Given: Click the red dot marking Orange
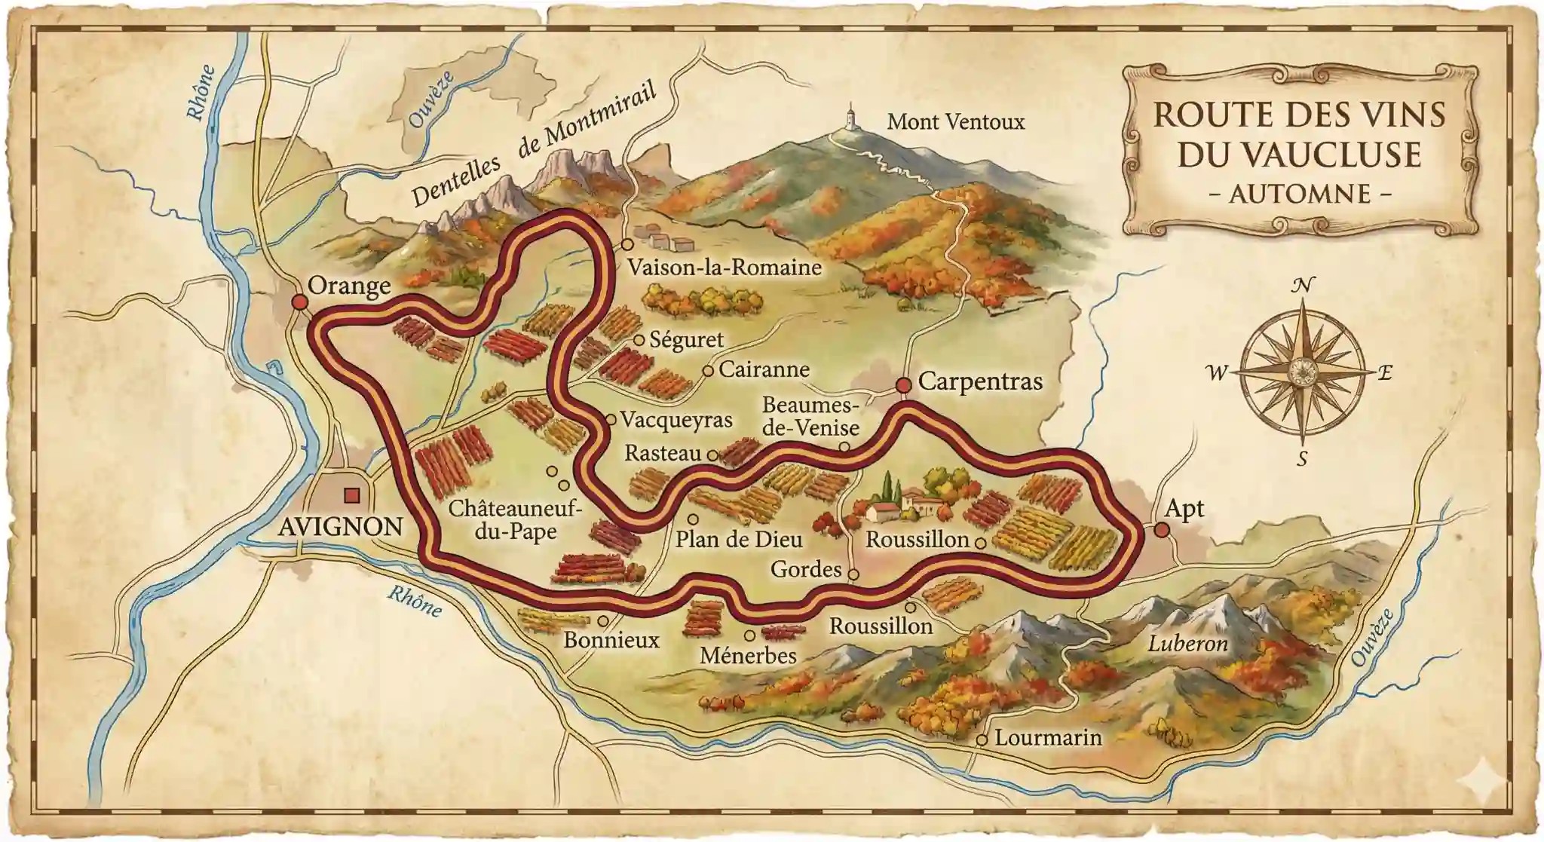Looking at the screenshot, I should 300,302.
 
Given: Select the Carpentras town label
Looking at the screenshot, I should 980,381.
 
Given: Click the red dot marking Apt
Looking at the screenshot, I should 1162,531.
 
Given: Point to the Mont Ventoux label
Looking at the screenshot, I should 955,121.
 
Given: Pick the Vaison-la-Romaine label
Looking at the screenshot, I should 724,267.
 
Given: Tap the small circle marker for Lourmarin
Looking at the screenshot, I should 982,739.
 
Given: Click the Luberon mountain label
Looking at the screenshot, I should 1187,643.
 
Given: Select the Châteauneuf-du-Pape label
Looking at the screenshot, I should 516,519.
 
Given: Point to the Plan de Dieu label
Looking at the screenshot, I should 738,540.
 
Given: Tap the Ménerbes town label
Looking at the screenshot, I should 748,655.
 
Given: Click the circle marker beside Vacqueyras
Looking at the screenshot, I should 611,420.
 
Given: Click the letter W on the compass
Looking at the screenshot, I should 1216,372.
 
